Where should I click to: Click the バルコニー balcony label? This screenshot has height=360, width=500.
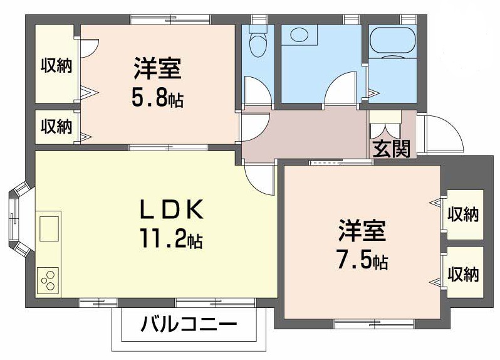coord(188,325)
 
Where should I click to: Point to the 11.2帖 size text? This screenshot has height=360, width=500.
coord(170,239)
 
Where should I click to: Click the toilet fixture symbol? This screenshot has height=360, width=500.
coord(257,43)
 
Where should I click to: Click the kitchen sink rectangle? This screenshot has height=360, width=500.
coord(49,228)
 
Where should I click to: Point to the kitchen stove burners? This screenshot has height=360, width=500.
coord(48,280)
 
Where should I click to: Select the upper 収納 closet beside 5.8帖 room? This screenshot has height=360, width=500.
coord(56,64)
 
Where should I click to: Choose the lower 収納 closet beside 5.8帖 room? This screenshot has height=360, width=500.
coord(56,127)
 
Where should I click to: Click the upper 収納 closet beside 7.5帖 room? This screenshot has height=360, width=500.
coord(463,215)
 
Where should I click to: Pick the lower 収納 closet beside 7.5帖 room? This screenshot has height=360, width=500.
coord(463,274)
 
